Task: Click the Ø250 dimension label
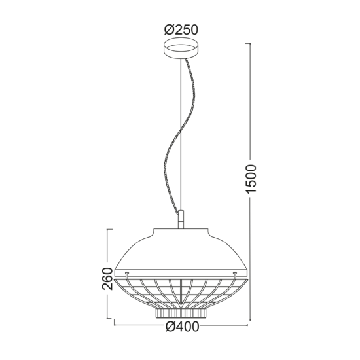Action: (180, 29)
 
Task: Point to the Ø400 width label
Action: (181, 329)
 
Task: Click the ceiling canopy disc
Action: (180, 50)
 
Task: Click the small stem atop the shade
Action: (180, 219)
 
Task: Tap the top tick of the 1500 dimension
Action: (249, 43)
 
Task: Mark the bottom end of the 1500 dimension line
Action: (249, 321)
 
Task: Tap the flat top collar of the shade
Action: (180, 229)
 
